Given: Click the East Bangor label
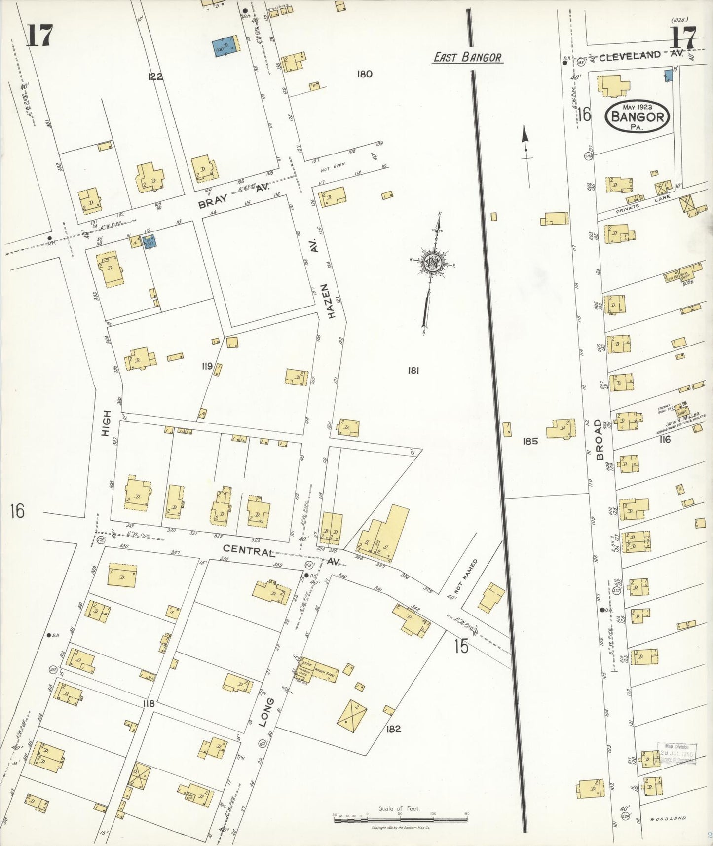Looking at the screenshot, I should [x=467, y=58].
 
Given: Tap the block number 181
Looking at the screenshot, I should [x=413, y=370].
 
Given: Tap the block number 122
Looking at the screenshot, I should [x=154, y=77].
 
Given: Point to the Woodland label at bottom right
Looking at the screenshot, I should [x=668, y=818].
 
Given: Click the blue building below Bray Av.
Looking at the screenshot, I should [x=149, y=241].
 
